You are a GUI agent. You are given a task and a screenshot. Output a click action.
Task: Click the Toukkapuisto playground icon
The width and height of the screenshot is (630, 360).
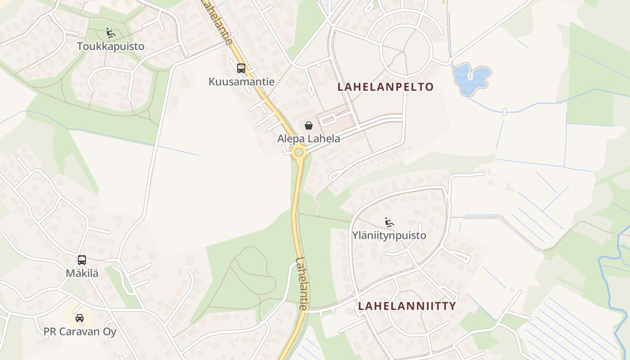click(x=110, y=32)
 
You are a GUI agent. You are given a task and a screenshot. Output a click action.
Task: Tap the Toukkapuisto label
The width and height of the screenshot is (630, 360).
click(x=110, y=46)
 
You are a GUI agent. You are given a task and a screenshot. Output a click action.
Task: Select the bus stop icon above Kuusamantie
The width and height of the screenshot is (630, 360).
click(x=241, y=68)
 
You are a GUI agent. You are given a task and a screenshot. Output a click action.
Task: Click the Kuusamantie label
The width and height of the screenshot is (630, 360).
click(x=241, y=81)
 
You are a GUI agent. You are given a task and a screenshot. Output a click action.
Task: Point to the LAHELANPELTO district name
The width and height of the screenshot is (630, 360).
click(x=385, y=87)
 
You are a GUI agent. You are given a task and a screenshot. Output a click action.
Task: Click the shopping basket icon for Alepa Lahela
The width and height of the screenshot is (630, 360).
click(x=309, y=126)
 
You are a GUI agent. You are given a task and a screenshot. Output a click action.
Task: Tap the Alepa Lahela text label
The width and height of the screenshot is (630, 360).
click(x=309, y=139)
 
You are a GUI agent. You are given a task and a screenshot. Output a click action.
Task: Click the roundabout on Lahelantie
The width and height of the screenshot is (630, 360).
click(x=299, y=153)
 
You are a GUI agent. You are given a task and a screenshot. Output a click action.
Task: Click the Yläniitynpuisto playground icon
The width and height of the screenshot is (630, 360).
click(x=389, y=222)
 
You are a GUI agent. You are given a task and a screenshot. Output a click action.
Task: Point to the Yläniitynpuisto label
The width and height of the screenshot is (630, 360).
click(x=389, y=235)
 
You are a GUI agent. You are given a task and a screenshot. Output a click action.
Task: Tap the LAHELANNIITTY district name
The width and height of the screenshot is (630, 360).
click(x=407, y=306)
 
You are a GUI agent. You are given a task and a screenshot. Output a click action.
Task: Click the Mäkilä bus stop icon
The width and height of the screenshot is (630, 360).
click(x=81, y=260)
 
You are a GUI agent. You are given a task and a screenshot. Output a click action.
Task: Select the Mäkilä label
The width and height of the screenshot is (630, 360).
click(x=81, y=273)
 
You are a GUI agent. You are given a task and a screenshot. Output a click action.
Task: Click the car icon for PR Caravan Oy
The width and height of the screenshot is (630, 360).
click(x=80, y=318)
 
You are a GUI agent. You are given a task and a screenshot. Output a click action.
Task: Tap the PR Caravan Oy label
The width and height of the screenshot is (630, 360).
click(x=80, y=332)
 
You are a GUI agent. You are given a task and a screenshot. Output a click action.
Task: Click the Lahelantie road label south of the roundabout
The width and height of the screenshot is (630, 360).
click(x=301, y=283)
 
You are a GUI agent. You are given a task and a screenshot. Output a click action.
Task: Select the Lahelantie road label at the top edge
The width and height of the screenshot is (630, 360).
click(x=218, y=20)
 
